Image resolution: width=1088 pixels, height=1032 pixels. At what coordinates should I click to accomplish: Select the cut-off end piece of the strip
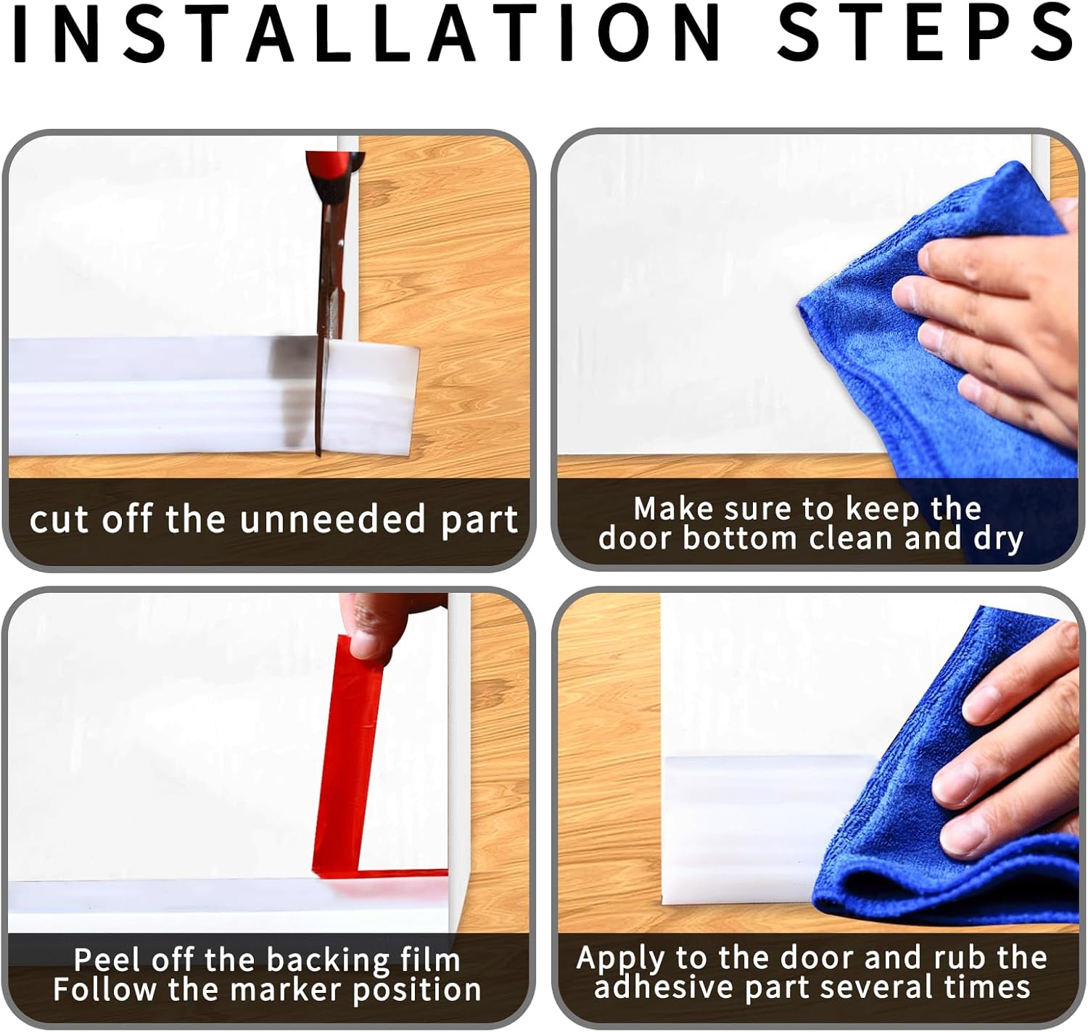click(370, 399)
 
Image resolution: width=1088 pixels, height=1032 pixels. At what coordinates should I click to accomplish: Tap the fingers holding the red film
click(377, 623)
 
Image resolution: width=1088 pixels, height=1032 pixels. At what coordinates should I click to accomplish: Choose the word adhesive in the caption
click(653, 988)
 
